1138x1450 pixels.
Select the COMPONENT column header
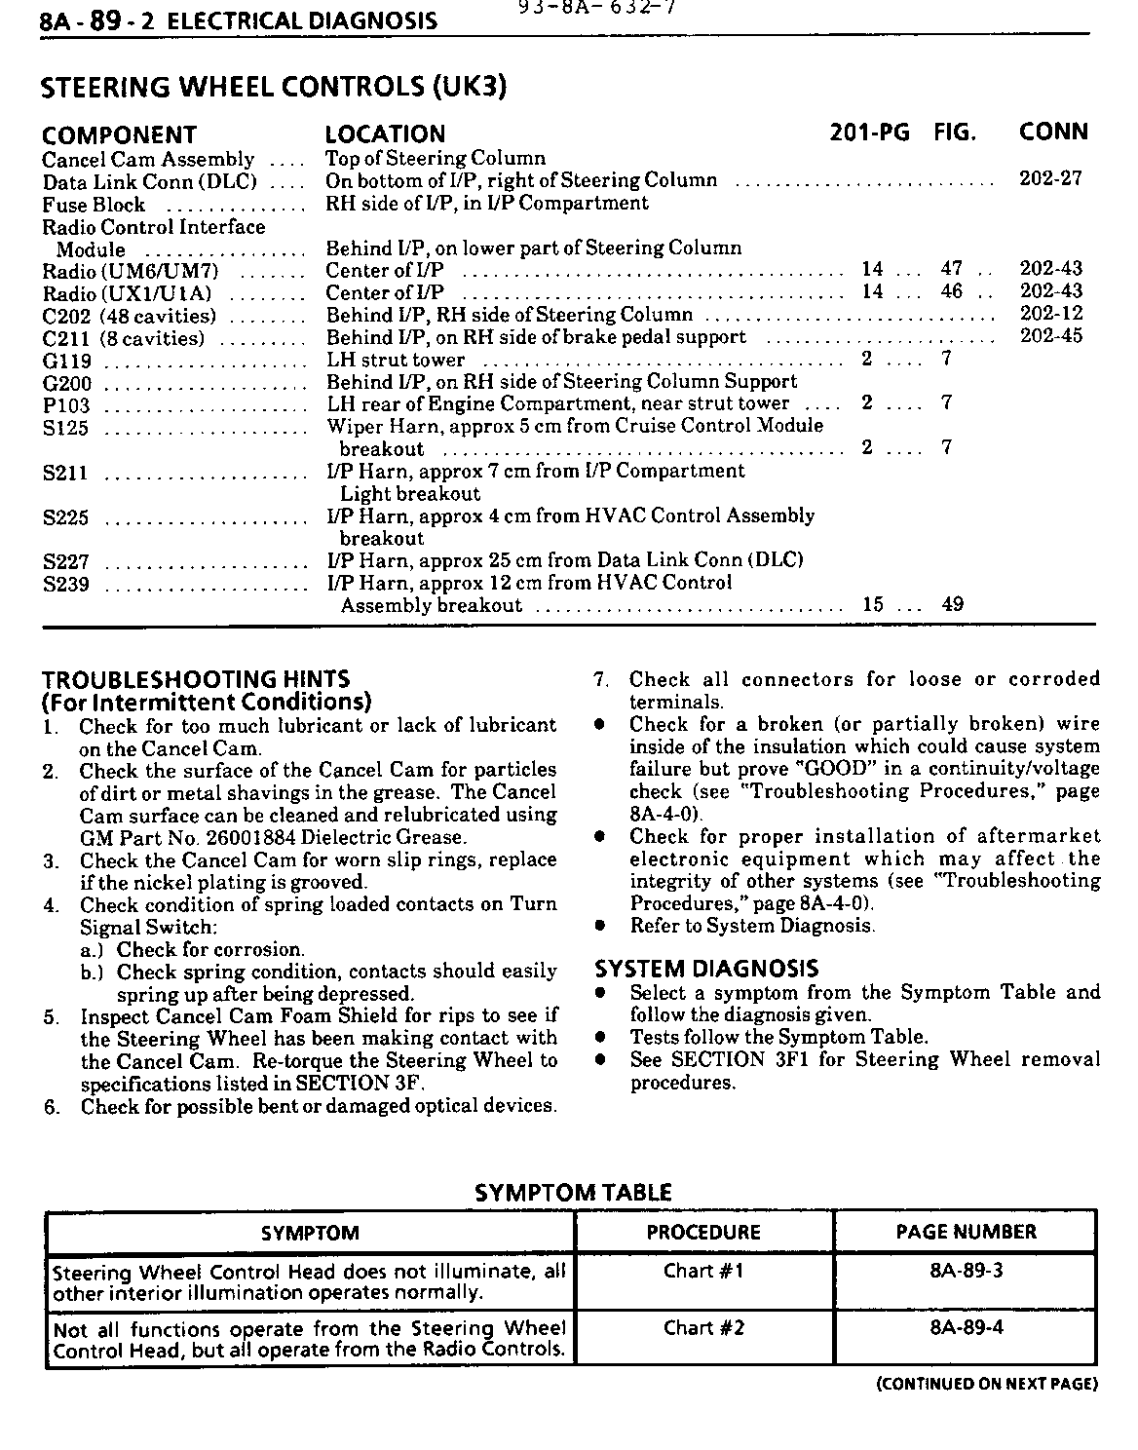pos(119,134)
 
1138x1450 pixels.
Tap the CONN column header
pos(1052,132)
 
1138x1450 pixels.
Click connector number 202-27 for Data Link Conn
pos(1050,179)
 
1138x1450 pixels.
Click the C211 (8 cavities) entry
pos(124,339)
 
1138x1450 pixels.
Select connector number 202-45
pos(1050,336)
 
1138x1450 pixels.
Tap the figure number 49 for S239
pos(952,604)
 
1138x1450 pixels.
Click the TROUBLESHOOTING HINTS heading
pos(196,679)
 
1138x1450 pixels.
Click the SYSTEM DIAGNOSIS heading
pos(706,969)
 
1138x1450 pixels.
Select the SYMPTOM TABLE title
pos(572,1192)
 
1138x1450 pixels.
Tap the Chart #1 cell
pos(702,1271)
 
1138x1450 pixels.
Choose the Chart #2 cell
pos(702,1327)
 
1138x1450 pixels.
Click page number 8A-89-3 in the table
pos(966,1271)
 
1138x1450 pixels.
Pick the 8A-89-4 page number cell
pos(966,1327)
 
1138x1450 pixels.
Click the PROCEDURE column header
pos(702,1232)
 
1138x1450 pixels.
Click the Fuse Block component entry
pos(94,205)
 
